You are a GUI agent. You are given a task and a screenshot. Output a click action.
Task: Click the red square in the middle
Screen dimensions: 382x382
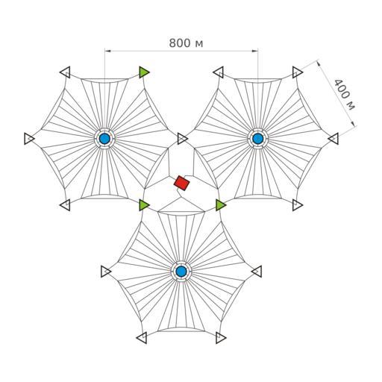tap(182, 183)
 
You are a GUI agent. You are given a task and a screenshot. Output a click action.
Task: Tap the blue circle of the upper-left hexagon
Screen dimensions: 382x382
tap(104, 139)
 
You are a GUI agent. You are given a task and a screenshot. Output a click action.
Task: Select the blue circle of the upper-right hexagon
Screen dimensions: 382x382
tap(257, 139)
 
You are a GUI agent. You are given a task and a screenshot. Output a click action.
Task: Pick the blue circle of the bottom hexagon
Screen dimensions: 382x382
tap(181, 271)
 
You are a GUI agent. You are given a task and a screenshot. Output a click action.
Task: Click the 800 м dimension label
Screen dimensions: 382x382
tap(186, 43)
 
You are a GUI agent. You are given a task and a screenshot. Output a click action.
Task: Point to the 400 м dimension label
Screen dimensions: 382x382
tap(345, 95)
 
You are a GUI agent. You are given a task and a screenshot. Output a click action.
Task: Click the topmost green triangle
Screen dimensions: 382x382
tap(144, 72)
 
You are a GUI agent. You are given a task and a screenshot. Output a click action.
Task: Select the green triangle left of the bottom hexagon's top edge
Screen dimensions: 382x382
tap(144, 204)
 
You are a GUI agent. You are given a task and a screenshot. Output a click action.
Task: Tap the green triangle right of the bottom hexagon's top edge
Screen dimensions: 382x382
tap(221, 204)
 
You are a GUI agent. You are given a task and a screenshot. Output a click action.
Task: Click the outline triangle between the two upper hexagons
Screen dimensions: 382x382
tap(182, 139)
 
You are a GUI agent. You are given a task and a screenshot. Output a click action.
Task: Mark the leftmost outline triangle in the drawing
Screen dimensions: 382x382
tap(29, 139)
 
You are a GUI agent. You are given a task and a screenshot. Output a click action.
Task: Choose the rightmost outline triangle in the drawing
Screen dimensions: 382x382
tap(334, 139)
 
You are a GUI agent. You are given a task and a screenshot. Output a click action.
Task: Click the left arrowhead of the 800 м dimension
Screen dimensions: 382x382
tap(107, 51)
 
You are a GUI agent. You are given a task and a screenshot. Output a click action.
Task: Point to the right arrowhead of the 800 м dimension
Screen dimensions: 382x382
tap(255, 51)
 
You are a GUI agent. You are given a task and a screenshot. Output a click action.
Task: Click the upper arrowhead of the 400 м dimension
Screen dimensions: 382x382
tap(319, 63)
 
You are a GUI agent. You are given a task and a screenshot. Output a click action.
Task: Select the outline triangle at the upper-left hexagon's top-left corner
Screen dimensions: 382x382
tap(65, 72)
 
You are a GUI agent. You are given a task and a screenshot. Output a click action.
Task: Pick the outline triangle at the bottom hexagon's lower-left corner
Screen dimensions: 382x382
tap(142, 338)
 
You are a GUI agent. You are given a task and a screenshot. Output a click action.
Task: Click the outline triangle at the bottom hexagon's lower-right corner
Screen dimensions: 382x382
tap(221, 338)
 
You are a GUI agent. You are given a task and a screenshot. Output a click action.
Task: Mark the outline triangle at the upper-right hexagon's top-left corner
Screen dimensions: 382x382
tap(219, 72)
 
